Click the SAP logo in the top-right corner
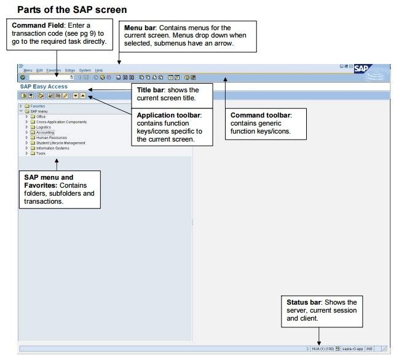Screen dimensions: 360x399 [x=362, y=68]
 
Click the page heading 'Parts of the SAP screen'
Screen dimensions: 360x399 [x=72, y=9]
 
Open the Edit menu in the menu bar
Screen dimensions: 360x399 [x=39, y=71]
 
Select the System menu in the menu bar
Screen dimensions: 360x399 [x=85, y=71]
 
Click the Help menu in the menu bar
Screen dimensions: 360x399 [x=99, y=71]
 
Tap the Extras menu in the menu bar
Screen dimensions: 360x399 [x=70, y=71]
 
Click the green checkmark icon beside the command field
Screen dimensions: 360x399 [x=22, y=78]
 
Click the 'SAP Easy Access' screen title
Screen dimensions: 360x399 [x=44, y=87]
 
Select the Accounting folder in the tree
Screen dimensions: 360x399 [x=45, y=132]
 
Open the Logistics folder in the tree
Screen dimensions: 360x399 [x=44, y=127]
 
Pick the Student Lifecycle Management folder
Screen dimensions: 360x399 [x=60, y=143]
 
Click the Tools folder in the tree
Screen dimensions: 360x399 [x=41, y=153]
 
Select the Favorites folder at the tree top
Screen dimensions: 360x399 [x=37, y=106]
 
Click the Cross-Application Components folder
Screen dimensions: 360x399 [x=61, y=122]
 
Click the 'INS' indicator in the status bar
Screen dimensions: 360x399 [x=369, y=348]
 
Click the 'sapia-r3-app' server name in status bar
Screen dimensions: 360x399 [x=353, y=348]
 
